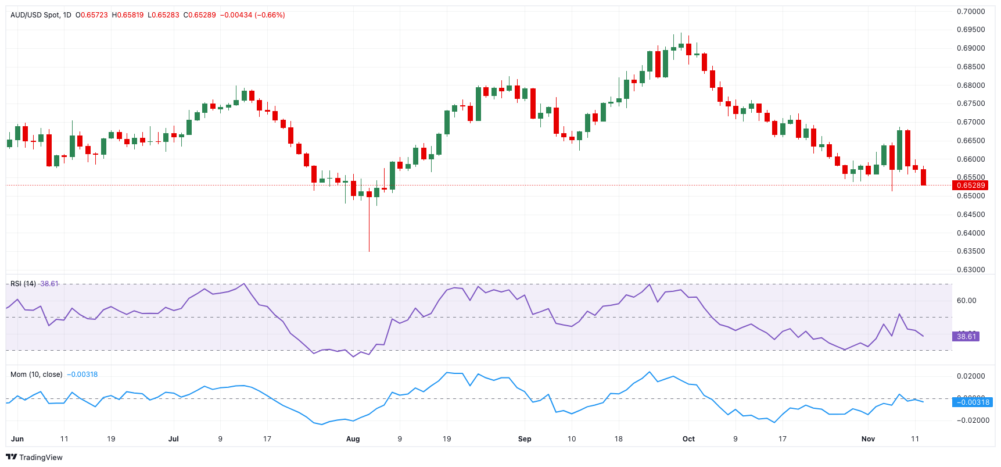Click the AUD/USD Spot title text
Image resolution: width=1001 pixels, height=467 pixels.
pyautogui.click(x=35, y=15)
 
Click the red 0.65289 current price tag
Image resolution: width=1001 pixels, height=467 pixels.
pyautogui.click(x=971, y=186)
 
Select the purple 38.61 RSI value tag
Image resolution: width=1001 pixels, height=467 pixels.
pyautogui.click(x=966, y=337)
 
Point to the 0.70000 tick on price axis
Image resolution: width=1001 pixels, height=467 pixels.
pyautogui.click(x=971, y=12)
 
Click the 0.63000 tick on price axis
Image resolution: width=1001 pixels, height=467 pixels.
pyautogui.click(x=971, y=270)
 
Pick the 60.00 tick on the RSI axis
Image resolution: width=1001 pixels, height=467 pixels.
pyautogui.click(x=966, y=301)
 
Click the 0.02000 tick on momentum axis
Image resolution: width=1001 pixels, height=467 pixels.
pyautogui.click(x=971, y=376)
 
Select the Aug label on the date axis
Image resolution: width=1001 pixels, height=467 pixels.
pyautogui.click(x=353, y=439)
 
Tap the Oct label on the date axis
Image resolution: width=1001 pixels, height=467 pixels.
pyautogui.click(x=688, y=439)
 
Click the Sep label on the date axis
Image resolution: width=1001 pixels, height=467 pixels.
pyautogui.click(x=525, y=439)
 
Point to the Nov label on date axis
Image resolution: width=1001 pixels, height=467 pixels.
pyautogui.click(x=868, y=439)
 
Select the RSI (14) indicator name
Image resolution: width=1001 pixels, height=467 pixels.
pyautogui.click(x=23, y=284)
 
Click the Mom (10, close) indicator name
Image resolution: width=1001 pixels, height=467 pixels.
pyautogui.click(x=36, y=375)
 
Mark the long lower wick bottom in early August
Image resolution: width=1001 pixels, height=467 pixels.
pyautogui.click(x=369, y=251)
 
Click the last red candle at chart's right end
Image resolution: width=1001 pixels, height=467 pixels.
pyautogui.click(x=924, y=177)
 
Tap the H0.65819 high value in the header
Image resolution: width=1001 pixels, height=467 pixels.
pyautogui.click(x=128, y=15)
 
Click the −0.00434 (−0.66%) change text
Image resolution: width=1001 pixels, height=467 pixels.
pyautogui.click(x=252, y=15)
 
